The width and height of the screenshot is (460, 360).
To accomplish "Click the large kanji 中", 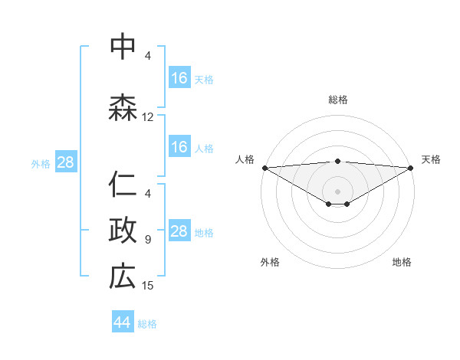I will coord(123,47).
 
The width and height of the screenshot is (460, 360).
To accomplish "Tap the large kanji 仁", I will coord(123,185).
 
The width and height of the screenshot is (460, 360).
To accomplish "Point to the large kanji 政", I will coord(123,230).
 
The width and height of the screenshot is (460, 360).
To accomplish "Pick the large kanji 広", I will coord(123,276).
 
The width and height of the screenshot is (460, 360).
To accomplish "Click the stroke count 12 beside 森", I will coord(148,117).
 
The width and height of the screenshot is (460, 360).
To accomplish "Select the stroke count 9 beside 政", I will coord(148,240).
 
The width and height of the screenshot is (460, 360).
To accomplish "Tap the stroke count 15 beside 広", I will coord(148,286).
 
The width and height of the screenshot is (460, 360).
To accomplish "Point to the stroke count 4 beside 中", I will coord(148,56).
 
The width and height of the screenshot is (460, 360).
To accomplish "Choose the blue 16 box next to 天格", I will coord(179,78).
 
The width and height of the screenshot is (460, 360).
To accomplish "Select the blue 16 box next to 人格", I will coord(179,147).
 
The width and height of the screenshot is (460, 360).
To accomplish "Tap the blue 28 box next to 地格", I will coord(179,231).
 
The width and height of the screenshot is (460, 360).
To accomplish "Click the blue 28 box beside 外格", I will coord(65,162).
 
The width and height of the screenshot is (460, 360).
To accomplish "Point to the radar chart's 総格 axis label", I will coord(337,100).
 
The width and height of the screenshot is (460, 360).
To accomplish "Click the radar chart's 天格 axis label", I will coord(432,159).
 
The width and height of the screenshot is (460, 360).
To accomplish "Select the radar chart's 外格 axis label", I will coord(270,262).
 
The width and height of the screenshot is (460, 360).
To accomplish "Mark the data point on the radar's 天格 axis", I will coord(410,167).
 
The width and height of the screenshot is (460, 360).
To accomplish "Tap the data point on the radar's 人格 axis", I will coord(264,167).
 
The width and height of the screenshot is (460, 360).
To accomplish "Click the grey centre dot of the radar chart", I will coord(337,191).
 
